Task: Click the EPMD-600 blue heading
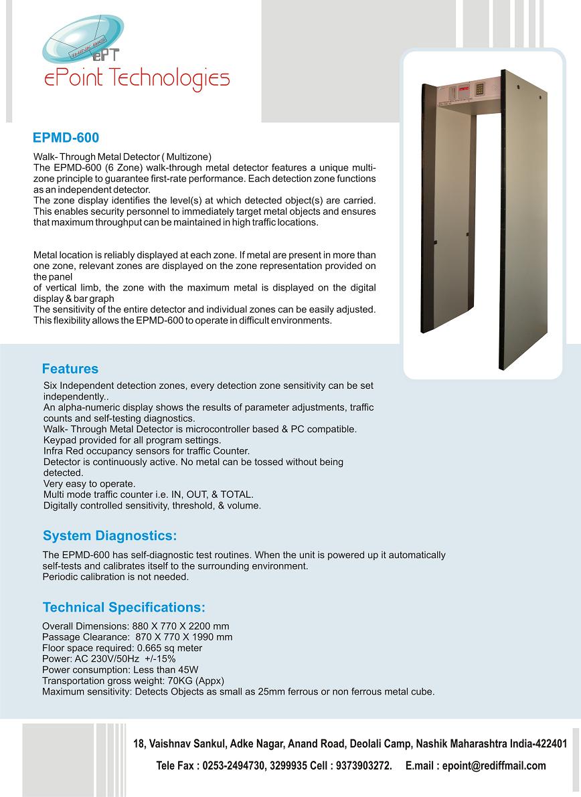(x=66, y=138)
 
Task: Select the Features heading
(x=70, y=369)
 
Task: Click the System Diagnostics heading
(x=110, y=536)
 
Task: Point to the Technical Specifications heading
(x=124, y=608)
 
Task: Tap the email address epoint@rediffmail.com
(x=494, y=766)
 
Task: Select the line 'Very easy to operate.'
(x=89, y=484)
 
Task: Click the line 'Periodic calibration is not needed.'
(x=115, y=577)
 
